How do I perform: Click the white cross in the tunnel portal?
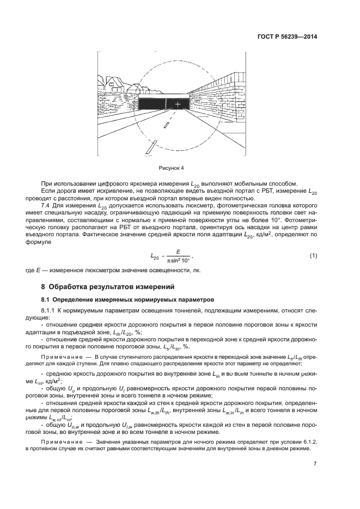point(177,103)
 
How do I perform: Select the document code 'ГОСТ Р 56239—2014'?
point(286,37)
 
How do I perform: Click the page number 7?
point(315,464)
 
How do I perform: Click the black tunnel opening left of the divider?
point(152,103)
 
